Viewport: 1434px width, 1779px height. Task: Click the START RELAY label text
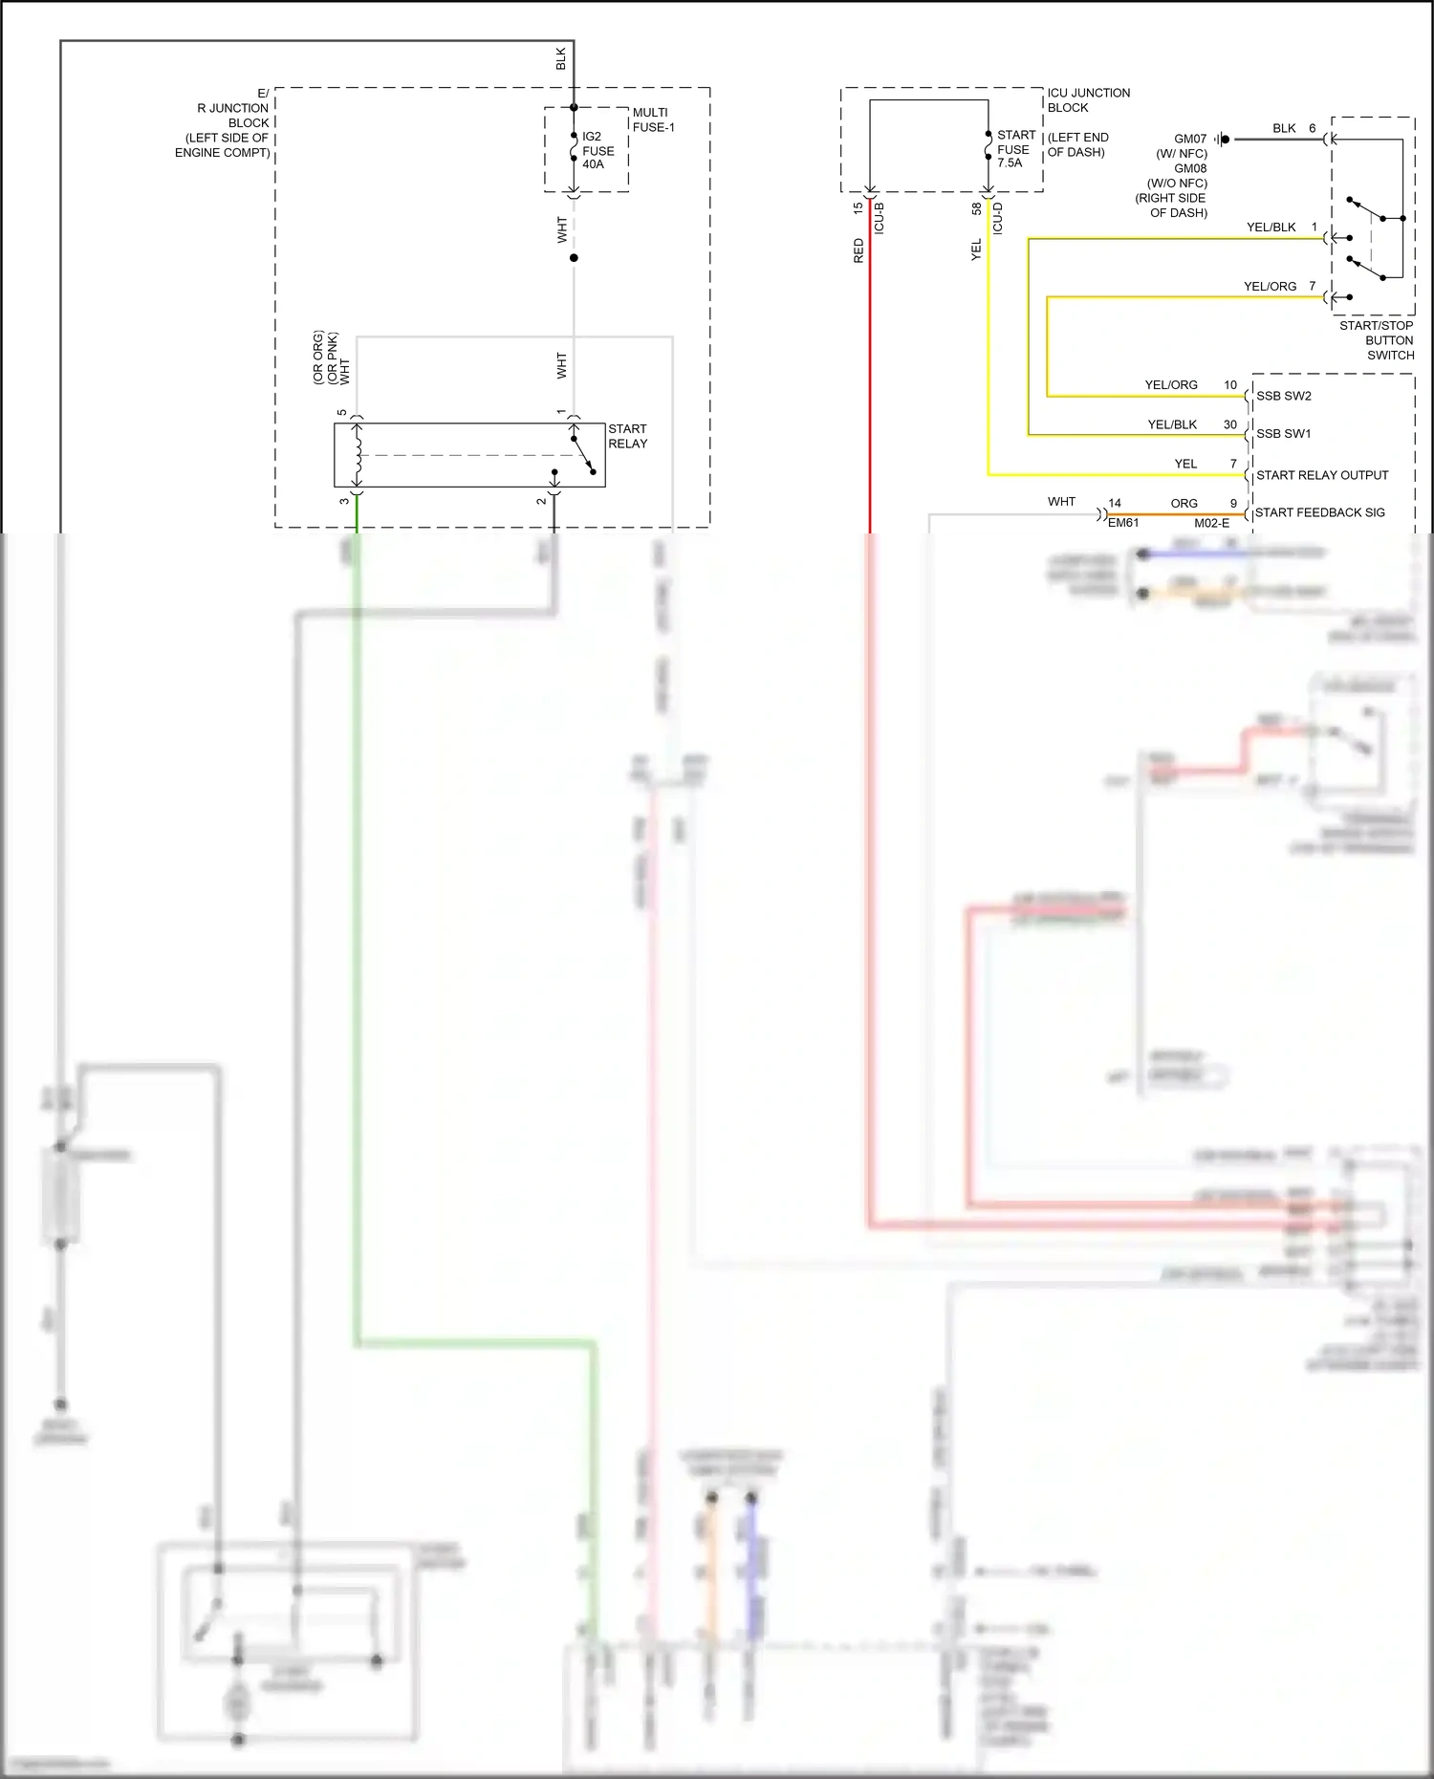point(627,436)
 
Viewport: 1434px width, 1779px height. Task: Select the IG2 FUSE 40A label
point(597,150)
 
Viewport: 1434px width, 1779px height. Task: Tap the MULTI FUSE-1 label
point(653,119)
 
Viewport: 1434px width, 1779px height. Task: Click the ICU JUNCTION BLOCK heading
point(1088,99)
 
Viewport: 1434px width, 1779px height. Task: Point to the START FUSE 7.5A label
point(1015,149)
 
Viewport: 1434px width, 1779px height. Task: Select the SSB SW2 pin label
point(1283,396)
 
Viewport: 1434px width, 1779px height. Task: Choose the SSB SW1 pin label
point(1283,434)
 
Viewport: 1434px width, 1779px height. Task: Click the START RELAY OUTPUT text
point(1321,475)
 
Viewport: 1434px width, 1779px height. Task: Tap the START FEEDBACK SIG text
point(1319,512)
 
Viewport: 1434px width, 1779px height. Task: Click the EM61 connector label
point(1123,523)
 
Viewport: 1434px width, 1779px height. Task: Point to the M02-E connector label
point(1211,523)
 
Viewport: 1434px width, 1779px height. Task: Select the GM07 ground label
point(1190,139)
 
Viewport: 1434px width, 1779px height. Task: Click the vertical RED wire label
point(858,250)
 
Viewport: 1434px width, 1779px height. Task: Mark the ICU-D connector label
point(997,218)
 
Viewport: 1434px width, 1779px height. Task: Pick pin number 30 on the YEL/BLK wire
point(1229,424)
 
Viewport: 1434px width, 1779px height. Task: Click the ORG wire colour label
point(1184,503)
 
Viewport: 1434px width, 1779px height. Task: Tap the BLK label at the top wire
point(561,58)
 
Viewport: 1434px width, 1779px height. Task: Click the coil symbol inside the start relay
point(358,455)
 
